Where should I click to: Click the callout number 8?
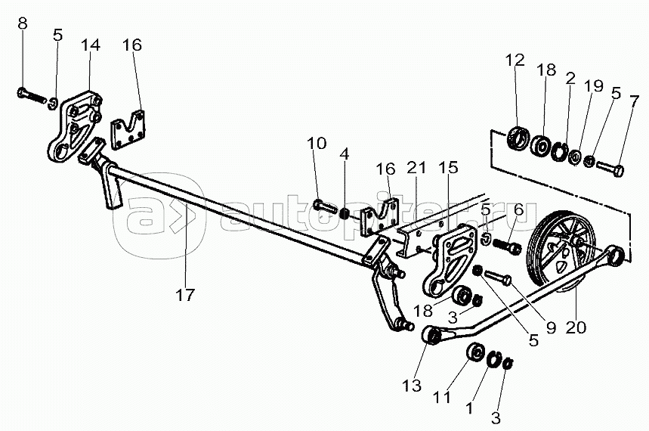23,23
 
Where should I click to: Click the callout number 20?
576,328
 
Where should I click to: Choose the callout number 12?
515,60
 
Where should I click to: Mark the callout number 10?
317,143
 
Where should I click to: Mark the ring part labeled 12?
518,139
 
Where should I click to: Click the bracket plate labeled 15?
450,259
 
